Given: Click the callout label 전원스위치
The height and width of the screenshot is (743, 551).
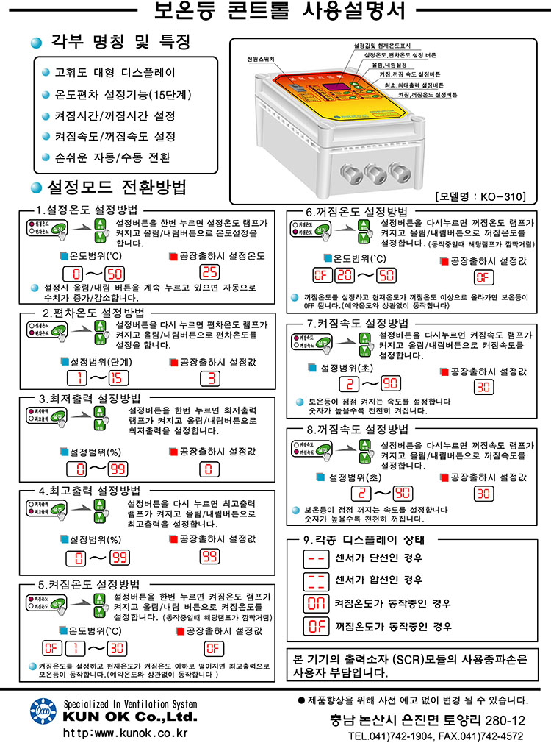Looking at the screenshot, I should (x=260, y=59).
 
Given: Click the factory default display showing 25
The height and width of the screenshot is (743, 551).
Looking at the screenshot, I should (x=210, y=272).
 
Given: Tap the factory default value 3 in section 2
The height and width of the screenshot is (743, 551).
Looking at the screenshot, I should (x=210, y=379).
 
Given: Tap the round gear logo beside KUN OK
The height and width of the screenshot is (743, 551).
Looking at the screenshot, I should (x=43, y=711).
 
